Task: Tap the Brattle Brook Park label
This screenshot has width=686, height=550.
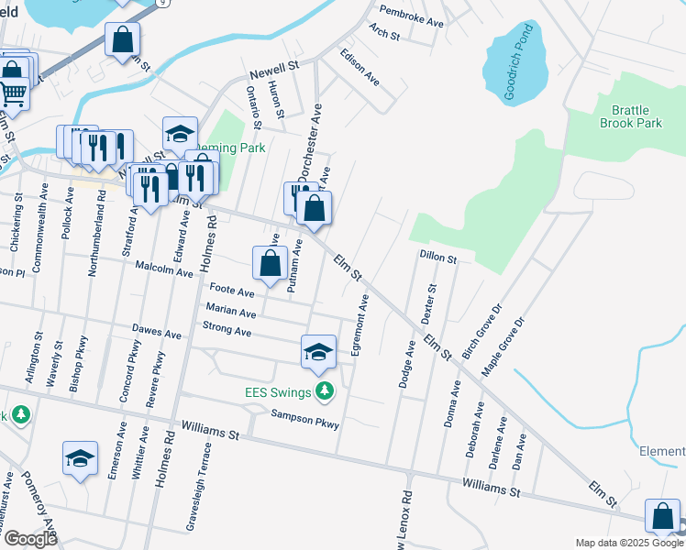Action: click(631, 116)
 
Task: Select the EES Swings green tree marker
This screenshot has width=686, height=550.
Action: click(324, 391)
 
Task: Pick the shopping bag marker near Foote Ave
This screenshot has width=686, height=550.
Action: click(270, 264)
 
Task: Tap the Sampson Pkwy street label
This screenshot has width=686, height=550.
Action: click(304, 419)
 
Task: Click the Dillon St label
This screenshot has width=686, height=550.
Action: click(438, 258)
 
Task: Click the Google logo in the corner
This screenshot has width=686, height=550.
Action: click(30, 539)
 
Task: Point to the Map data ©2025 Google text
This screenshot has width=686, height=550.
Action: click(629, 543)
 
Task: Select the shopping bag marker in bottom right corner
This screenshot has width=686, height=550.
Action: click(662, 517)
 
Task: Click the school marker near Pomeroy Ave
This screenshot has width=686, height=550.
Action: click(80, 458)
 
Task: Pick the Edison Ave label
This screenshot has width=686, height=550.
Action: click(360, 67)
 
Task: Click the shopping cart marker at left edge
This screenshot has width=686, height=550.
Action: click(13, 91)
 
